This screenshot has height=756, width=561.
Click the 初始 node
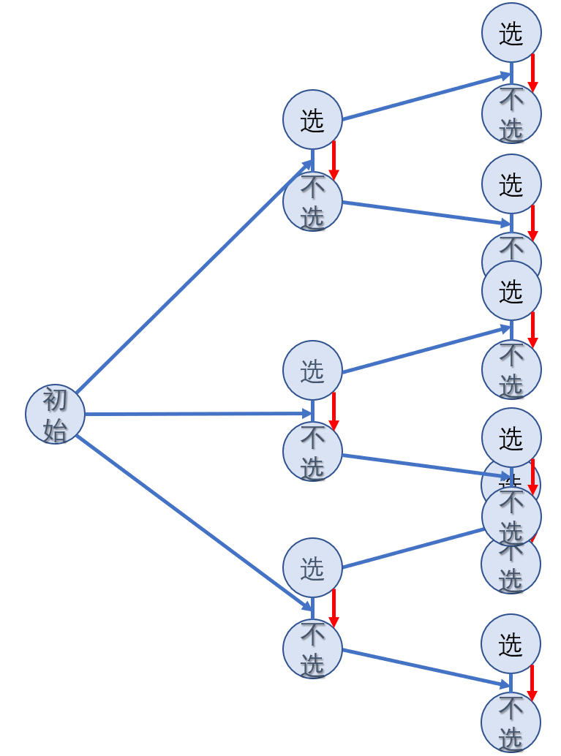click(55, 414)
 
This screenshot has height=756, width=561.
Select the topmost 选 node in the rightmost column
click(511, 33)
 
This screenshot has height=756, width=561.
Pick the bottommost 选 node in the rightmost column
click(511, 644)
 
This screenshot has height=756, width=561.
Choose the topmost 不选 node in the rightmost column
click(511, 114)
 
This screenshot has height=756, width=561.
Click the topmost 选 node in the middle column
click(312, 120)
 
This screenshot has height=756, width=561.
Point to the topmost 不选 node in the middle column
click(312, 202)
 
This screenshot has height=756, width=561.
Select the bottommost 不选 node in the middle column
click(312, 649)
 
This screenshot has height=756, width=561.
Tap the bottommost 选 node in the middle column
click(312, 568)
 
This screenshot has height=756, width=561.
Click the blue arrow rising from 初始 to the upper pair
click(194, 278)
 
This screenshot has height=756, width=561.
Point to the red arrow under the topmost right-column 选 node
click(532, 73)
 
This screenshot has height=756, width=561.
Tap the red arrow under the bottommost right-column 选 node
click(532, 684)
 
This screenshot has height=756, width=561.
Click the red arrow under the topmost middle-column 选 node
click(334, 160)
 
